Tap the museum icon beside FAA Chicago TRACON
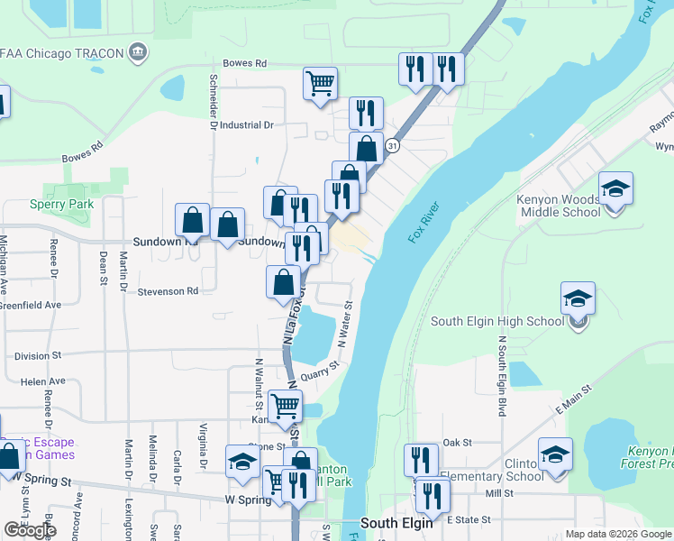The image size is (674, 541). pyautogui.click(x=138, y=52)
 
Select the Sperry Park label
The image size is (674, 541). pyautogui.click(x=68, y=205)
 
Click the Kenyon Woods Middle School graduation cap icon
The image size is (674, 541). pyautogui.click(x=615, y=188)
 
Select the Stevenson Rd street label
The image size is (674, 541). pyautogui.click(x=168, y=291)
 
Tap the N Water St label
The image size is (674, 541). pyautogui.click(x=343, y=326)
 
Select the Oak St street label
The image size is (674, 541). pyautogui.click(x=457, y=442)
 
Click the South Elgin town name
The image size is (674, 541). pyautogui.click(x=398, y=523)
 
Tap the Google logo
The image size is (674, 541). pyautogui.click(x=30, y=530)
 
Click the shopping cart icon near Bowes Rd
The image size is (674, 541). pyautogui.click(x=321, y=84)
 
